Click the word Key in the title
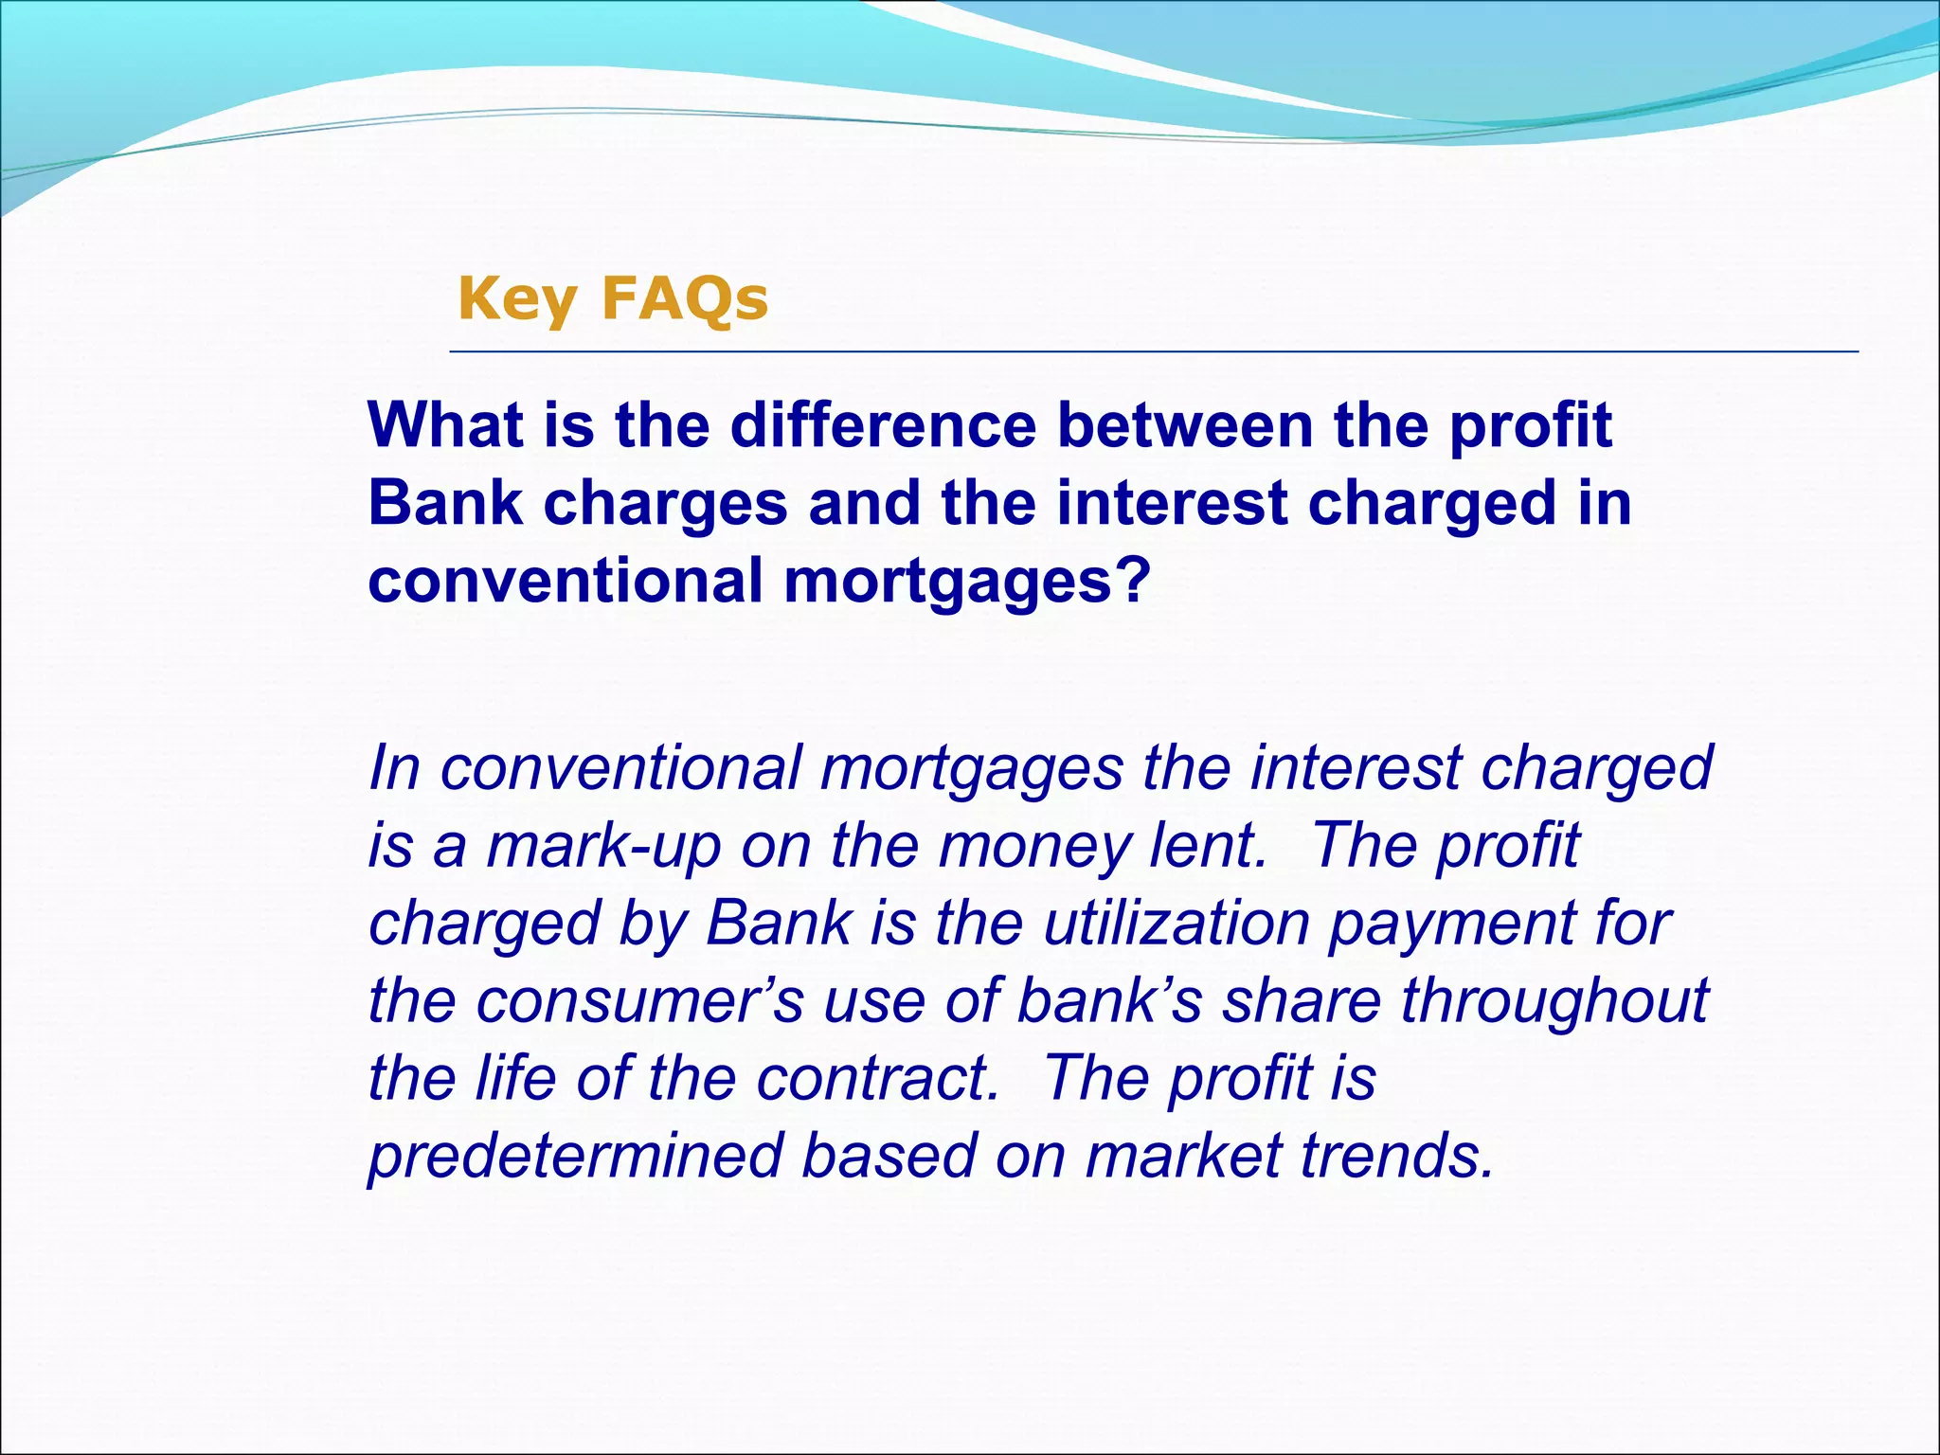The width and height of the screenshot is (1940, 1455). tap(516, 299)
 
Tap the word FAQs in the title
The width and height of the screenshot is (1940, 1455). tap(684, 299)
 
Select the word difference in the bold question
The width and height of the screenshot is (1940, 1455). tap(883, 425)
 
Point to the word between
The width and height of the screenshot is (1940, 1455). tap(1184, 425)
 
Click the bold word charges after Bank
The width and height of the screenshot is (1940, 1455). tap(665, 503)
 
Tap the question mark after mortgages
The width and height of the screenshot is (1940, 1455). tap(1134, 580)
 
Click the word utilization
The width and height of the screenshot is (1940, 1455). tap(1176, 923)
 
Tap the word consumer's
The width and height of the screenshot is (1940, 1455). tap(639, 1001)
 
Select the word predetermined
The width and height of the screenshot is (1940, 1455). tap(575, 1157)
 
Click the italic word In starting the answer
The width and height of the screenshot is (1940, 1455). tap(394, 767)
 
